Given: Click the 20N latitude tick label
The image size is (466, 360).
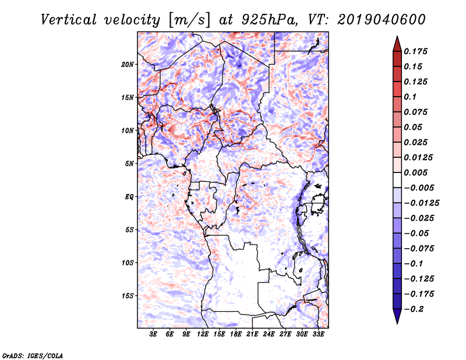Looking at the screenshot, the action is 128,65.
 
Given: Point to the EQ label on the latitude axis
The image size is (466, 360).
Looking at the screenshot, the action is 129,197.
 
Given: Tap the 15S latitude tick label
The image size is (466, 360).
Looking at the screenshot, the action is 128,296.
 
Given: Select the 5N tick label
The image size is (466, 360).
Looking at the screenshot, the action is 129,164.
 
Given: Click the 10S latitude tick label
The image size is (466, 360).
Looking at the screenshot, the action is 128,263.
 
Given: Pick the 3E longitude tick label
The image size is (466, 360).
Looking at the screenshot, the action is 153,334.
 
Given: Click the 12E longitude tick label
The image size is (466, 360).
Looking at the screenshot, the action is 203,334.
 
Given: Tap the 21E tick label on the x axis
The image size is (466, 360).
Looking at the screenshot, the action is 252,334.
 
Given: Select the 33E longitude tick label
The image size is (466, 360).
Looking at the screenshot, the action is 318,334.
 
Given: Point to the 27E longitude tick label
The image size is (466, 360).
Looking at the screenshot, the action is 285,334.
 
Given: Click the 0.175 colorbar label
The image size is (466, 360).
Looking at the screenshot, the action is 415,51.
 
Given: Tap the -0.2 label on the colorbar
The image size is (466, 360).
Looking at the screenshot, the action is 414,309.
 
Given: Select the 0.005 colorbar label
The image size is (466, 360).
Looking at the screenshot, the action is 415,172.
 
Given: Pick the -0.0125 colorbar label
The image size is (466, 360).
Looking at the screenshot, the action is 421,203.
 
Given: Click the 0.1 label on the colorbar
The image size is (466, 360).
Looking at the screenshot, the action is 410,97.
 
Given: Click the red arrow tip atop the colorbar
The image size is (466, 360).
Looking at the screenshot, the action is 397,36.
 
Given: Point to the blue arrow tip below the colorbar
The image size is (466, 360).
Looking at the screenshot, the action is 397,323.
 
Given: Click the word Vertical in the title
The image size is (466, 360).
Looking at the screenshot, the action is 69,20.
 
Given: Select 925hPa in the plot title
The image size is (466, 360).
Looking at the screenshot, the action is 269,20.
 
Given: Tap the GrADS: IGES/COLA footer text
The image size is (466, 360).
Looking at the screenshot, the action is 33,356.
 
